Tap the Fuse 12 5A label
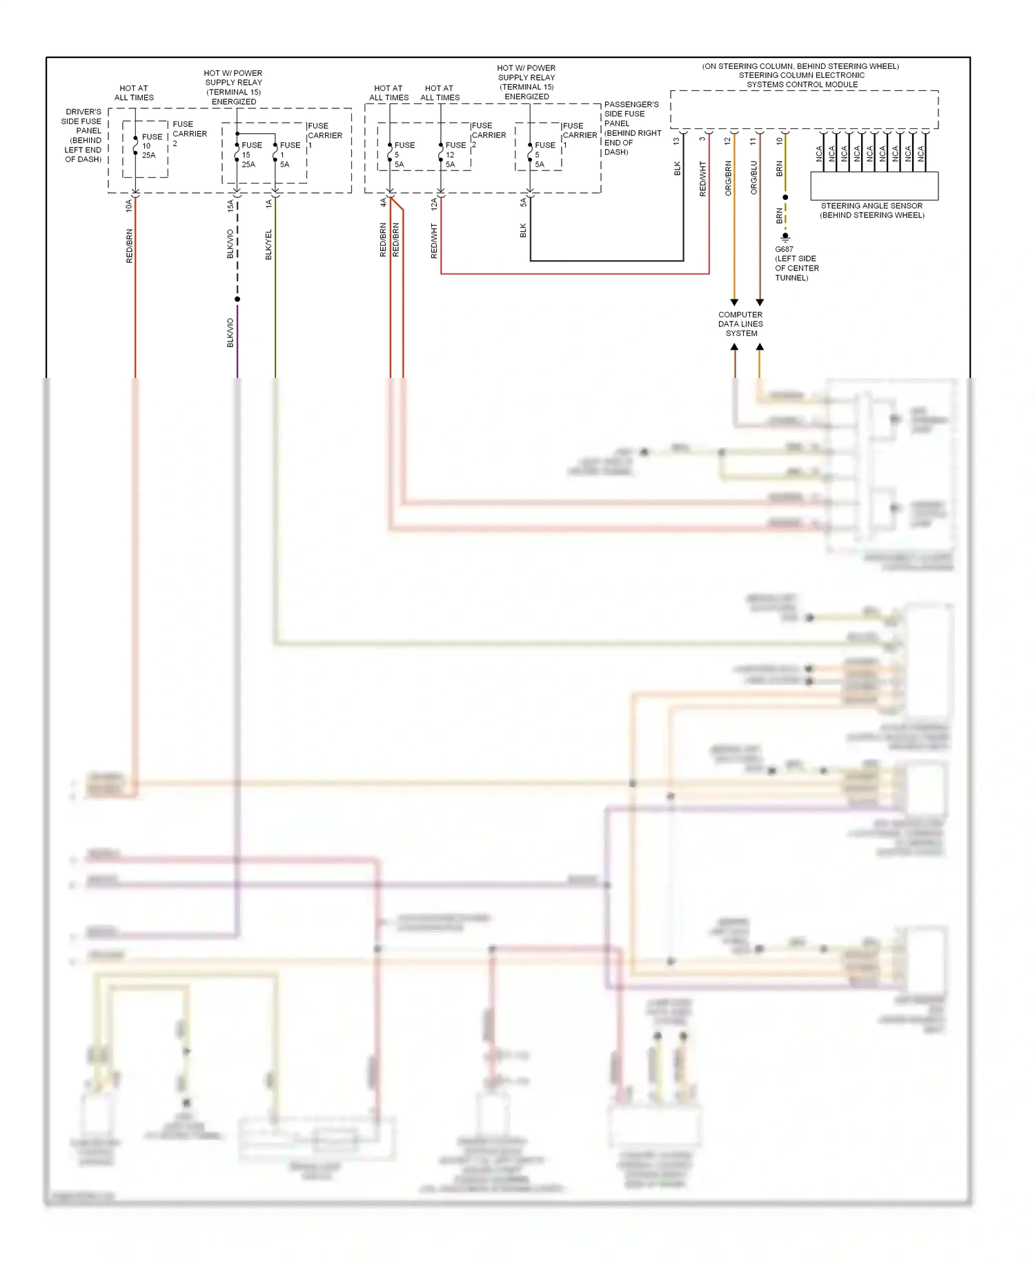click(x=455, y=155)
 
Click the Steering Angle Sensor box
click(x=874, y=186)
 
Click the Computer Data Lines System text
click(x=740, y=324)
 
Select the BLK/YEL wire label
click(x=269, y=245)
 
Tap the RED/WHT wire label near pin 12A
click(x=434, y=241)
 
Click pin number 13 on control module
click(x=676, y=141)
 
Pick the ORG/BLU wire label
click(x=753, y=178)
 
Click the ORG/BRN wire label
click(x=728, y=178)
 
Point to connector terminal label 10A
click(x=128, y=206)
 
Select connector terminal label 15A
click(x=230, y=206)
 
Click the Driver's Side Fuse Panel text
click(x=83, y=135)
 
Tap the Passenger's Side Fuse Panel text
click(x=632, y=128)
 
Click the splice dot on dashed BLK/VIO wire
click(x=237, y=299)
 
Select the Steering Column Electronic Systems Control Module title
click(x=801, y=76)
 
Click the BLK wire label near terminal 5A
click(x=523, y=230)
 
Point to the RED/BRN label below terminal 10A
click(x=129, y=246)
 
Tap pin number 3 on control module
click(x=702, y=139)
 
